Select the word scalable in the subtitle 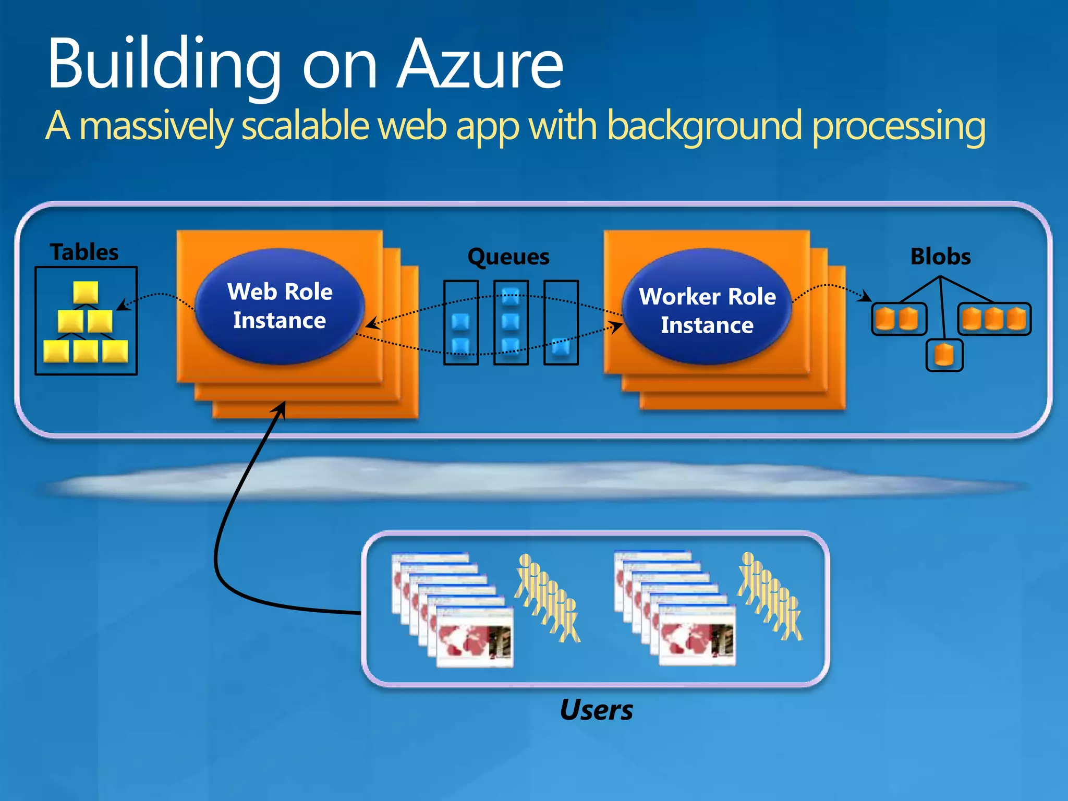tap(306, 126)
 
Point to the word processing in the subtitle tap(899, 126)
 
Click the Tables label tap(84, 252)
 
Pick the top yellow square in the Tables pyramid tap(86, 292)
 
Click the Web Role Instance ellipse tap(280, 306)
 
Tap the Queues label tap(508, 257)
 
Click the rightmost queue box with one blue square tap(561, 322)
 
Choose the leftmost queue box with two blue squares tap(461, 322)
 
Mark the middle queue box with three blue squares tap(511, 322)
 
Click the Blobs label tap(940, 257)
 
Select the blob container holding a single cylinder tap(944, 355)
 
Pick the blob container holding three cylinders tap(994, 319)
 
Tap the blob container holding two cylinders tap(899, 319)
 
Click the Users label tap(596, 710)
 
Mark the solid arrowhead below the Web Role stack tap(281, 408)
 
